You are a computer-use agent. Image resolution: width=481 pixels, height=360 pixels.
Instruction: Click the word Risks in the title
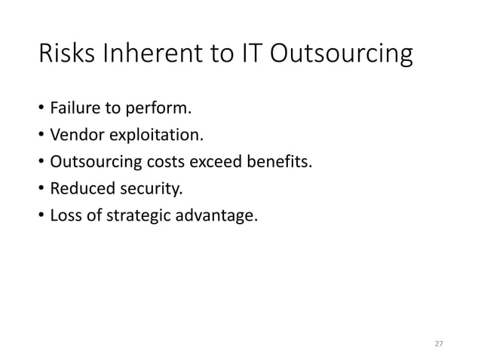(70, 57)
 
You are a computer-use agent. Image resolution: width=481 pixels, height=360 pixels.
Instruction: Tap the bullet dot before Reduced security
(41, 192)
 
